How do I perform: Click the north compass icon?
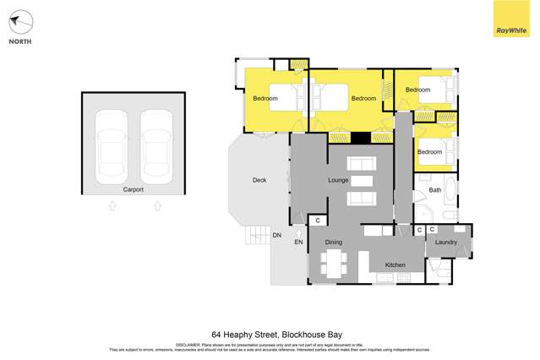click(x=20, y=22)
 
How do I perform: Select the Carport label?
click(x=134, y=189)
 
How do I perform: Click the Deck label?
click(x=259, y=180)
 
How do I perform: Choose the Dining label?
click(x=334, y=243)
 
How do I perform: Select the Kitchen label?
click(x=395, y=265)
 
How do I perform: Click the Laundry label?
click(x=446, y=243)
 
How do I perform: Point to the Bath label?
click(x=435, y=190)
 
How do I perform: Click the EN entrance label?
click(x=298, y=243)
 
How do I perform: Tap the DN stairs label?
click(x=276, y=235)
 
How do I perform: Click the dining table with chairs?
click(x=335, y=263)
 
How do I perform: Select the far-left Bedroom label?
click(x=265, y=99)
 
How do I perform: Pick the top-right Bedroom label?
click(x=417, y=90)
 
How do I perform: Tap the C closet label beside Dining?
click(x=318, y=221)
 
